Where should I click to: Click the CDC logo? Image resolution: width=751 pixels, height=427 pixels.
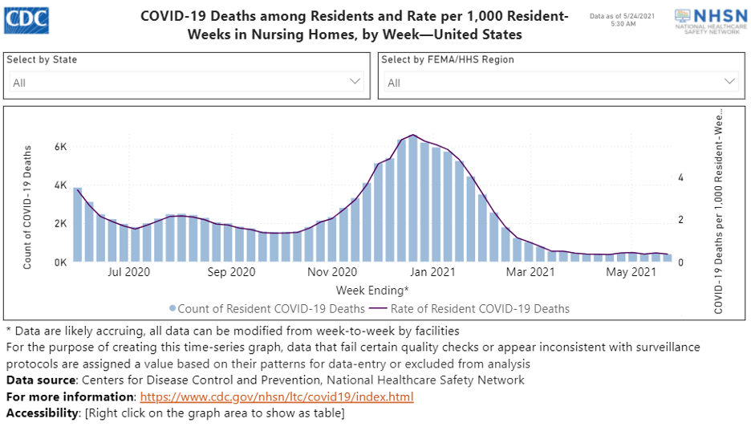26,17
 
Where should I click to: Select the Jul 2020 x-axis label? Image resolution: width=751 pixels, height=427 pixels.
129,273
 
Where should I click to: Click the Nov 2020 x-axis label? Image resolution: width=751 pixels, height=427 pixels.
331,273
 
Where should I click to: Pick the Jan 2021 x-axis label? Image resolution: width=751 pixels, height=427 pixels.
432,273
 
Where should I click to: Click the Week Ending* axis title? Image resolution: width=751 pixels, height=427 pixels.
372,289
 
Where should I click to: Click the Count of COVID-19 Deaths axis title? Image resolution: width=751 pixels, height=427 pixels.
27,206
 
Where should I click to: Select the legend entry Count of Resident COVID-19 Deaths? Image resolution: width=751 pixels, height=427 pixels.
266,309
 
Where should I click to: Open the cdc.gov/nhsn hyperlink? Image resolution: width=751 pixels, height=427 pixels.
277,397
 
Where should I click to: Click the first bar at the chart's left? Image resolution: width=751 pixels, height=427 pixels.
78,225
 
